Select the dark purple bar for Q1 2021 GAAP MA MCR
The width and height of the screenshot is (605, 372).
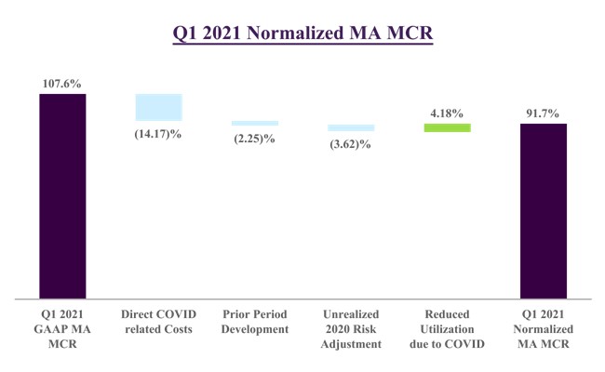pyautogui.click(x=61, y=196)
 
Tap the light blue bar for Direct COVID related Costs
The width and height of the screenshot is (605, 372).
pyautogui.click(x=158, y=107)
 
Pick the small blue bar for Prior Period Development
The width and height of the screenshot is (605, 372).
pyautogui.click(x=254, y=123)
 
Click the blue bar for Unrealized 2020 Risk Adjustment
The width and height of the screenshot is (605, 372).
pyautogui.click(x=351, y=127)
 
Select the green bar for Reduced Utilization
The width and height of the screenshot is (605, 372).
pyautogui.click(x=447, y=127)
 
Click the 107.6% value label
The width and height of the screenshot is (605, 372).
pyautogui.click(x=61, y=84)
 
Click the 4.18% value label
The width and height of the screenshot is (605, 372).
pyautogui.click(x=447, y=112)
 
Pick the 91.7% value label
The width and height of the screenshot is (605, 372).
pyautogui.click(x=543, y=113)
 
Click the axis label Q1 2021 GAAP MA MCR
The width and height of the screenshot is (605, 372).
pyautogui.click(x=61, y=329)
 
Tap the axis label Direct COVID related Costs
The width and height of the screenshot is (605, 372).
pyautogui.click(x=158, y=322)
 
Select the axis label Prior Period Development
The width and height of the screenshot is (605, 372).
pyautogui.click(x=254, y=322)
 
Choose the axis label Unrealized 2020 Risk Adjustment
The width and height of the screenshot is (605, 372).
pyautogui.click(x=351, y=329)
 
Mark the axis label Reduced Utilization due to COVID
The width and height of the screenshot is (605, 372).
pyautogui.click(x=447, y=329)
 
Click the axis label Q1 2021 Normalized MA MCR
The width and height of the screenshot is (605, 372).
pyautogui.click(x=543, y=329)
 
